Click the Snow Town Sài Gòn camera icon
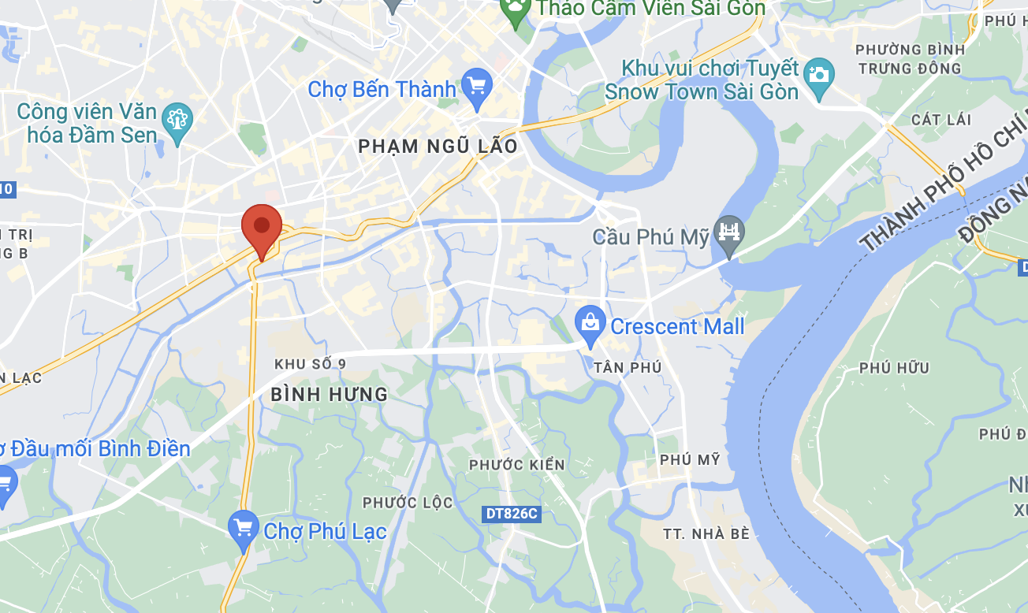(820, 75)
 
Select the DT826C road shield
(511, 514)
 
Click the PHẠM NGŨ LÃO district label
(438, 147)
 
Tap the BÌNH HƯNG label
(330, 395)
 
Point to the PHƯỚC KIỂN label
(517, 465)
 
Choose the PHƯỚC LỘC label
(408, 502)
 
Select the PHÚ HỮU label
(894, 368)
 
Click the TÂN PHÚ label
(628, 368)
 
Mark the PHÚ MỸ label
(690, 459)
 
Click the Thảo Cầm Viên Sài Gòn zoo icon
(516, 10)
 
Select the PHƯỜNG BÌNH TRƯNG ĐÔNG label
(911, 59)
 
